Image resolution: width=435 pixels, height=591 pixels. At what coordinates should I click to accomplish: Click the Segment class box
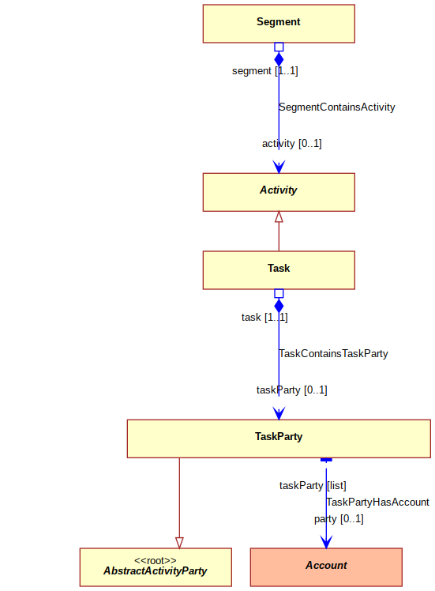(279, 24)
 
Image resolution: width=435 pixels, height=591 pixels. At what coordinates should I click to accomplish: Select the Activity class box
(279, 192)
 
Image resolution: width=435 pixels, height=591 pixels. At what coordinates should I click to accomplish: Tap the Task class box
(279, 270)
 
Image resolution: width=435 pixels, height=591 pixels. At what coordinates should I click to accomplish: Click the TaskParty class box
(279, 439)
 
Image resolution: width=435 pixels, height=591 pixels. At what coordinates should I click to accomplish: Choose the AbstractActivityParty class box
(156, 567)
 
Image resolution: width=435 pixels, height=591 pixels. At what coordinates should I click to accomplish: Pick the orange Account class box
(326, 567)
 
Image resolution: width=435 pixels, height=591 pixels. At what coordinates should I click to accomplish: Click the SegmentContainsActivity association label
(337, 107)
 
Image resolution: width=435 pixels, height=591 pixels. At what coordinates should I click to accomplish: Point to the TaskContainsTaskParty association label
(333, 353)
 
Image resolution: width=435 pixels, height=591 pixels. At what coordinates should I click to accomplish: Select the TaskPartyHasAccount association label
(377, 502)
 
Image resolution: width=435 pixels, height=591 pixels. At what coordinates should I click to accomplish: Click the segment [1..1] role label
(265, 71)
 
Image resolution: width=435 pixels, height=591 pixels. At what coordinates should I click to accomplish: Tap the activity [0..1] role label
(292, 144)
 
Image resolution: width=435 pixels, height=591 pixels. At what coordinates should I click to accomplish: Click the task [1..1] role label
(264, 318)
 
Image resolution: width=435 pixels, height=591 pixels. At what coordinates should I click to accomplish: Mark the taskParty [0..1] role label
(292, 390)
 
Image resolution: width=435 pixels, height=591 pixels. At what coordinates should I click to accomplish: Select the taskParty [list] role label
(313, 485)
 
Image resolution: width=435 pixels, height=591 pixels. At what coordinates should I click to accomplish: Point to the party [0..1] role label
(339, 519)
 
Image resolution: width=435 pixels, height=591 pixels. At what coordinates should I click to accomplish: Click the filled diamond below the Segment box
(279, 59)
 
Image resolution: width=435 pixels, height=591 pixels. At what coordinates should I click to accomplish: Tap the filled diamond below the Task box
(279, 306)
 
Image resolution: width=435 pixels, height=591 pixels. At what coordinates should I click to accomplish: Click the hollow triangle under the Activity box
(279, 216)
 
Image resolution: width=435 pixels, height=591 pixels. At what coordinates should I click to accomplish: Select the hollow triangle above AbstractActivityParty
(179, 543)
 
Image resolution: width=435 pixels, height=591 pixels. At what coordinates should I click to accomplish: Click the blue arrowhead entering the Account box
(326, 542)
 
